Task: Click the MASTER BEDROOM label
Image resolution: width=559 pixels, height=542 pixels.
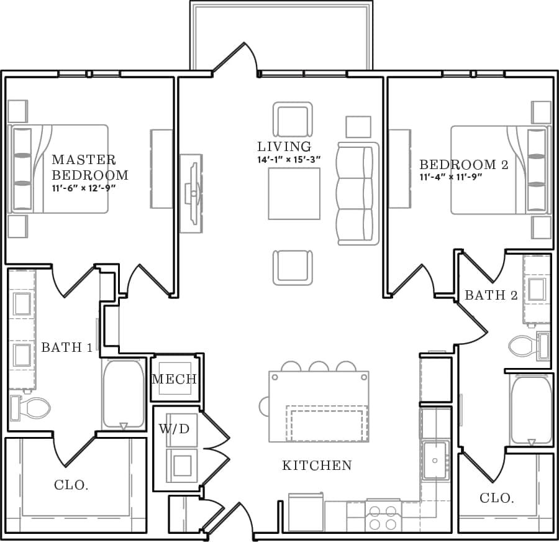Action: point(89,167)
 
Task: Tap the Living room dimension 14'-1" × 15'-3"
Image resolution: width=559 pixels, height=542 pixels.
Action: point(289,159)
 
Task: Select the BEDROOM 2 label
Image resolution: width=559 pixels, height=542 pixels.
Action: point(463,165)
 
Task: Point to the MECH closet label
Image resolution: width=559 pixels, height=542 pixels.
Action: point(174,379)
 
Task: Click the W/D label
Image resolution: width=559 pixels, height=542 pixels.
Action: point(174,429)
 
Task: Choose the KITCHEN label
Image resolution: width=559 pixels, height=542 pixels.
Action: point(317,466)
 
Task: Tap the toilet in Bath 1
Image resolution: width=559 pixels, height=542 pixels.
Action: point(31,408)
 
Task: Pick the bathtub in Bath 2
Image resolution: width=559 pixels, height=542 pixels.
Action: point(531,409)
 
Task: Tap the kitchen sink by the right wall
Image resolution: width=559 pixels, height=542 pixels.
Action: point(436,460)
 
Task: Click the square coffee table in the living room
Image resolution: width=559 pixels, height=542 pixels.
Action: point(294,193)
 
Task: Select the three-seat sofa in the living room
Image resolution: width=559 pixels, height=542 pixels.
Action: point(357,193)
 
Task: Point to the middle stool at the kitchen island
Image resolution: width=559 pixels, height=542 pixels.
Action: point(319,366)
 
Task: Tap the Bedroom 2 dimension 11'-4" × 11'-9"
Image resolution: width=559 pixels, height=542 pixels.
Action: point(451,177)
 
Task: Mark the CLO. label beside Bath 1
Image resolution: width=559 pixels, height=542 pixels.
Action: point(71,485)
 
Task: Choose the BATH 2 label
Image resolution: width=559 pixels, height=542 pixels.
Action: point(491,295)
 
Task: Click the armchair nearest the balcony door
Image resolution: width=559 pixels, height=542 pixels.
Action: point(293,119)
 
